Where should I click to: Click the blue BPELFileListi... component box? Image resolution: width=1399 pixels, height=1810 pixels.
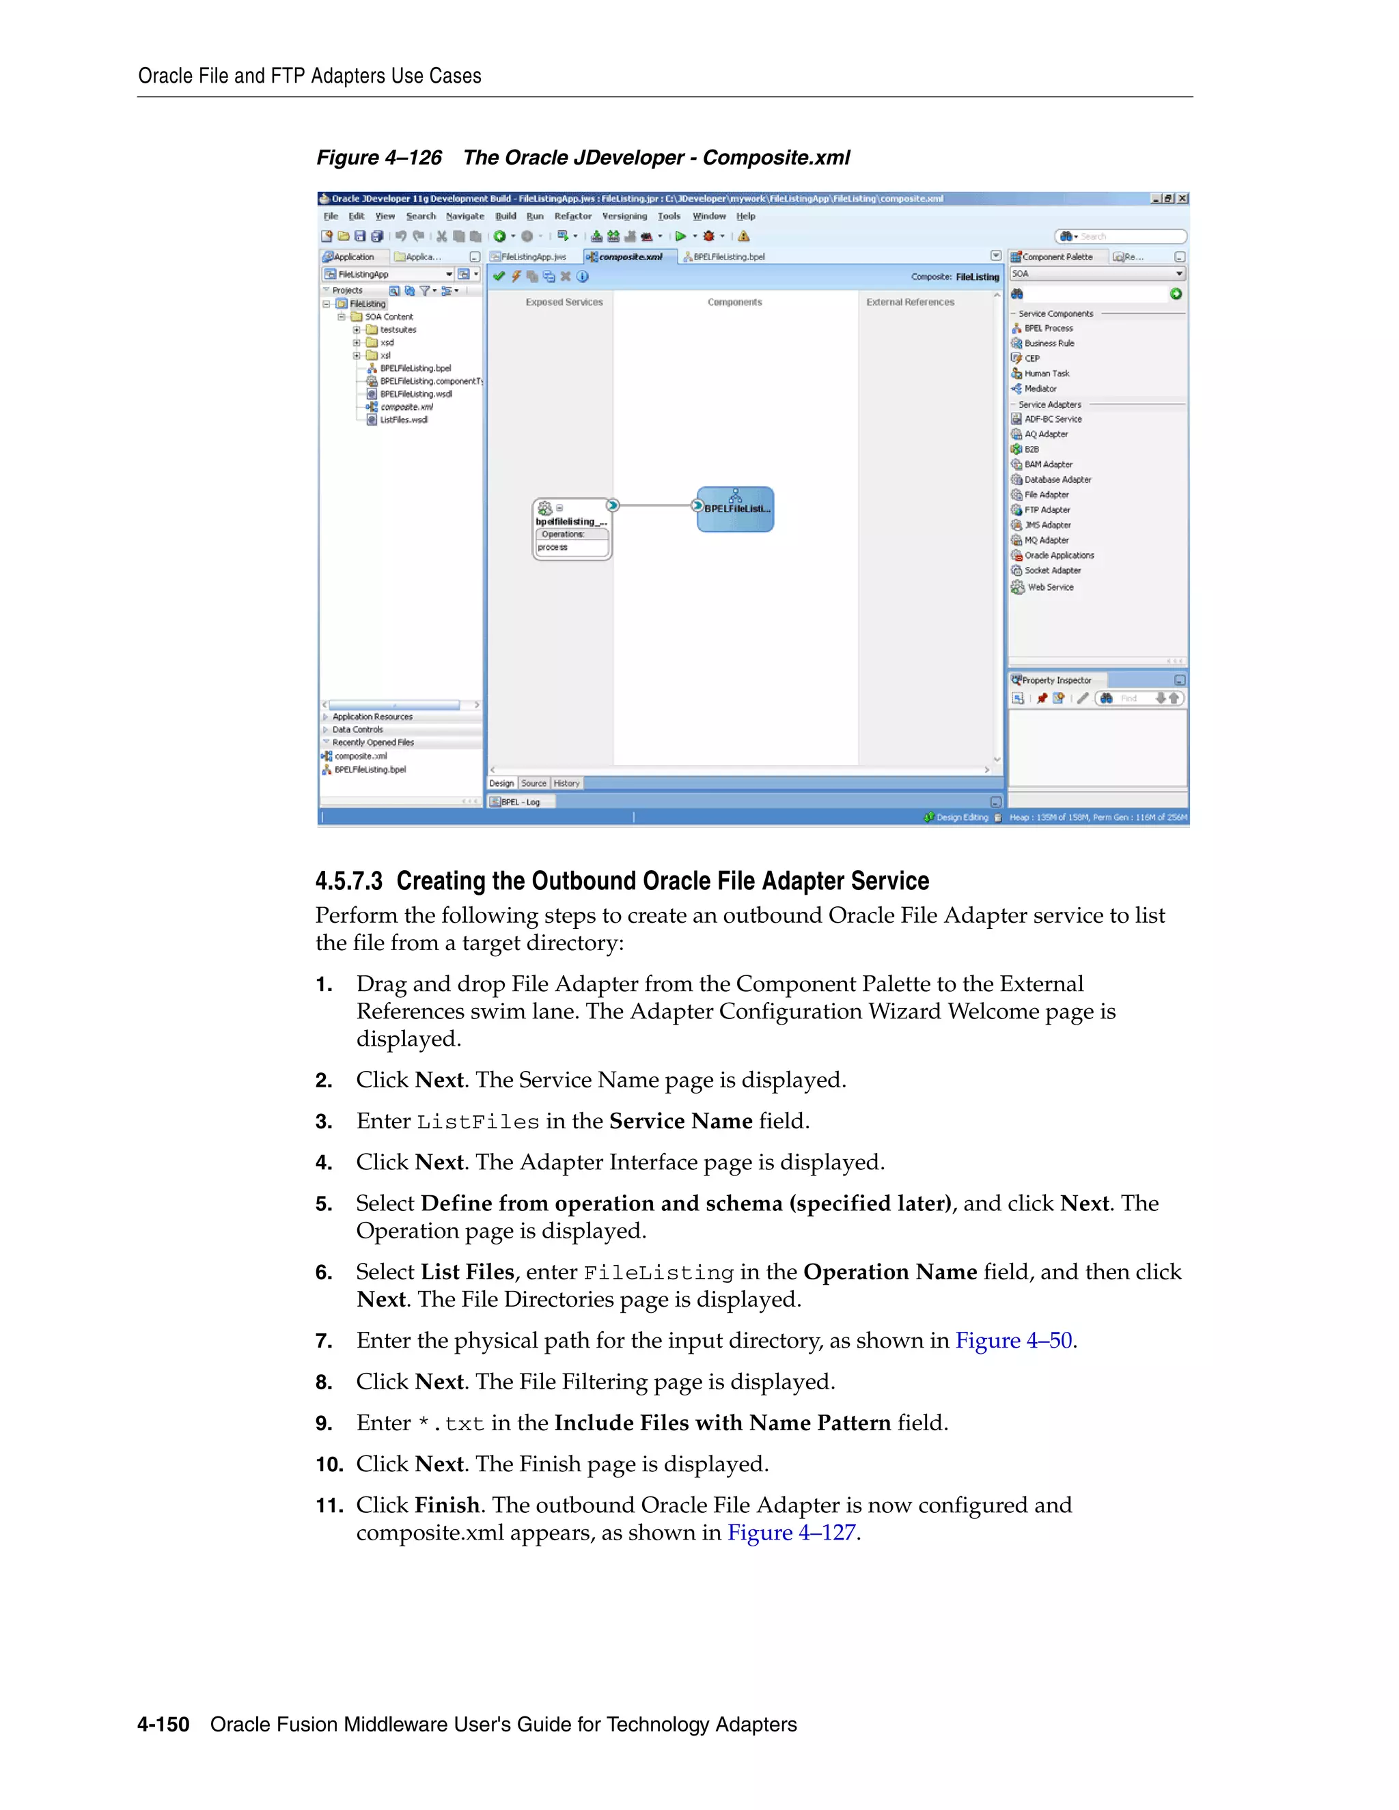point(735,509)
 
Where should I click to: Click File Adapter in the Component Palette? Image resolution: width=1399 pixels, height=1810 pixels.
point(1046,495)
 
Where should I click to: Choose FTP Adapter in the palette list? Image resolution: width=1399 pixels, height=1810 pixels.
point(1047,510)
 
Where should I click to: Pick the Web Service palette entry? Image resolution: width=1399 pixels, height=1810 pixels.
point(1050,587)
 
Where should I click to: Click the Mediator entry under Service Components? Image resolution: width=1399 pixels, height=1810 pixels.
point(1040,389)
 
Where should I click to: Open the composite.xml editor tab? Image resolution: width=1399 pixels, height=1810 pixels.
point(630,257)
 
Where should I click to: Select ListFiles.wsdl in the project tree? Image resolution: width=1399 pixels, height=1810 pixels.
point(404,419)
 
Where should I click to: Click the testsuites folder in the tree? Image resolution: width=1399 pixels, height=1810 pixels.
point(398,330)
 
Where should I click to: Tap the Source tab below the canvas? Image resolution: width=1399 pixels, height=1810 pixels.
point(534,783)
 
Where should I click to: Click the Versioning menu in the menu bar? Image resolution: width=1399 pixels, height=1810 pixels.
point(624,217)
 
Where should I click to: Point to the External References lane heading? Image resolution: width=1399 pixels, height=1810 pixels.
point(910,303)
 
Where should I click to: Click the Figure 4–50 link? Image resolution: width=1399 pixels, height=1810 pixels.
point(1014,1340)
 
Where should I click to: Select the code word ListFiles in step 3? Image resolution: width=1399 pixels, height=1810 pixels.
point(477,1122)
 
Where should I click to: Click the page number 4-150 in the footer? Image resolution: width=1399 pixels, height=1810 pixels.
point(163,1724)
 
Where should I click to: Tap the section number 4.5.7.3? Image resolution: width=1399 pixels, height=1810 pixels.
point(349,881)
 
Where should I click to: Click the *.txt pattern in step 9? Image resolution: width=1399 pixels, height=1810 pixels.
point(451,1424)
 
